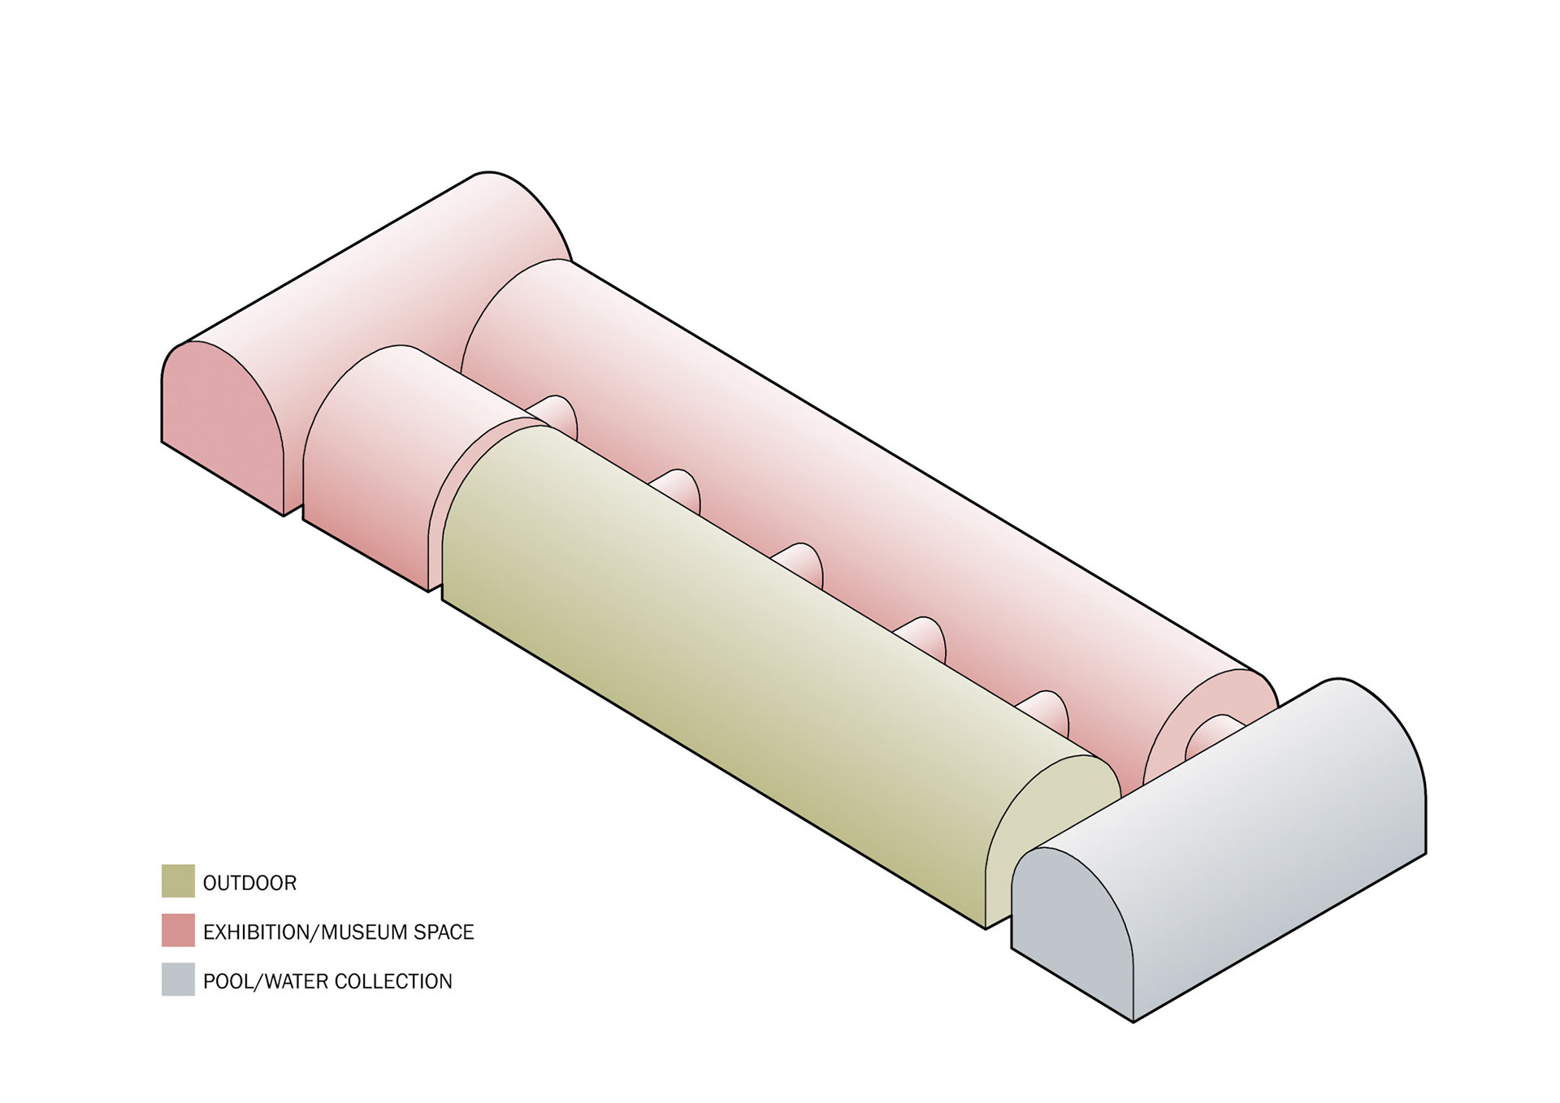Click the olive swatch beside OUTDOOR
pyautogui.click(x=178, y=881)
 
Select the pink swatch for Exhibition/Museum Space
pyautogui.click(x=178, y=931)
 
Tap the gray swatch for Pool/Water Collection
pyautogui.click(x=178, y=980)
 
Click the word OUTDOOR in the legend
pyautogui.click(x=249, y=883)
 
